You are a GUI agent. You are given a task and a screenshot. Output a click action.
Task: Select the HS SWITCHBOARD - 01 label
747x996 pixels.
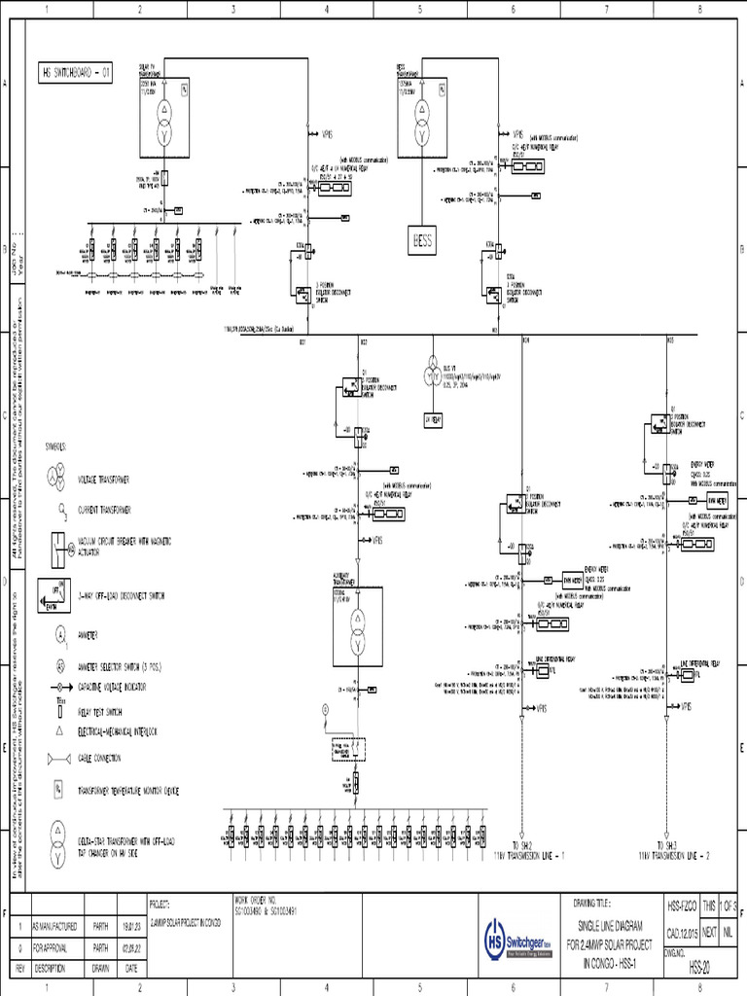[x=81, y=73]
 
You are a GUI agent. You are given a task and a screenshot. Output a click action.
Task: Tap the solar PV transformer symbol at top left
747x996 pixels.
[x=164, y=119]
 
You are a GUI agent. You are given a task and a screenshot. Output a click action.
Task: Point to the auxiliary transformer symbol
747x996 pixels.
[x=356, y=630]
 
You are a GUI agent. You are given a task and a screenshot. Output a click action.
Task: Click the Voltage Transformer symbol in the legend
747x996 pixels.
[x=57, y=479]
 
